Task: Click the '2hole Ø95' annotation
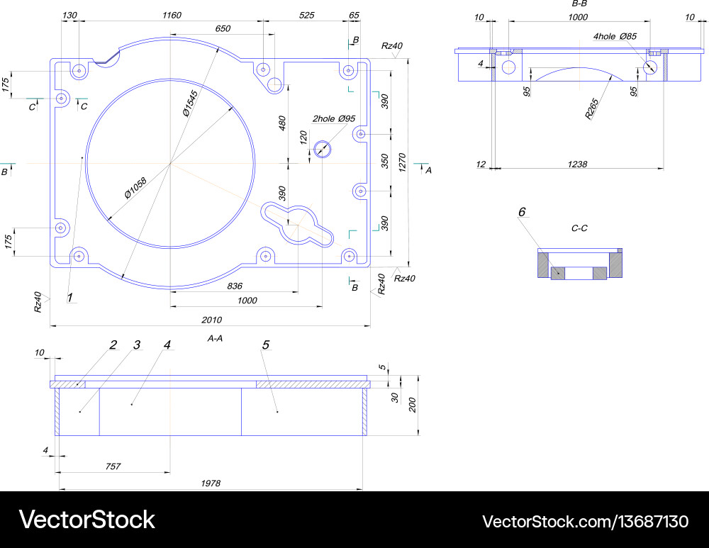click(x=333, y=118)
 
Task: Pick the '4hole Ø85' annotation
click(x=615, y=35)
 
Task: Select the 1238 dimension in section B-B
click(x=577, y=164)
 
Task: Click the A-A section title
click(x=215, y=339)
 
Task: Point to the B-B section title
click(x=579, y=4)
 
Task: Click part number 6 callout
click(x=523, y=212)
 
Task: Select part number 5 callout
click(x=266, y=345)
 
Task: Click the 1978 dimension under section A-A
click(x=211, y=483)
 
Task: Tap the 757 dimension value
click(x=113, y=466)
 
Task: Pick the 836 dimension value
click(x=235, y=286)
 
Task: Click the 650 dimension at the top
click(x=223, y=28)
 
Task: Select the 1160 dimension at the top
click(x=172, y=15)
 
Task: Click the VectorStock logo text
click(x=86, y=520)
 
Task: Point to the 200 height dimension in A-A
click(x=412, y=405)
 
